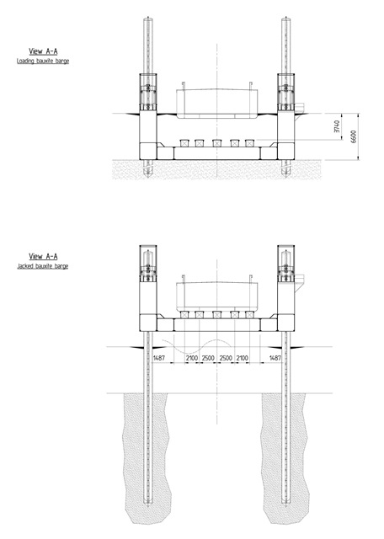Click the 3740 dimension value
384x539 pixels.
337,126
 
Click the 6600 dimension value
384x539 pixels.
354,136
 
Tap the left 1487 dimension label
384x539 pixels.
159,358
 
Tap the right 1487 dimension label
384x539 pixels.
275,358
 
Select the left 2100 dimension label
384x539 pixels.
192,358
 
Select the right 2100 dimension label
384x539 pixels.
242,358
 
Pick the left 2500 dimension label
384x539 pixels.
208,358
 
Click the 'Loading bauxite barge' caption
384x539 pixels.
43,61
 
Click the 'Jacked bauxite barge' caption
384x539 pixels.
43,266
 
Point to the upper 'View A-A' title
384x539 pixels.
43,51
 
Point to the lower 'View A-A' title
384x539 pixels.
43,256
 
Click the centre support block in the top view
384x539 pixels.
216,143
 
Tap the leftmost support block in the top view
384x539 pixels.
184,143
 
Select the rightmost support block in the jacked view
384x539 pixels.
249,314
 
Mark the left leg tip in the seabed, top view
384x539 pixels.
148,177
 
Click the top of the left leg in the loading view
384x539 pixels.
148,17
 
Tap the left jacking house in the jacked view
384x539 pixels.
148,264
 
